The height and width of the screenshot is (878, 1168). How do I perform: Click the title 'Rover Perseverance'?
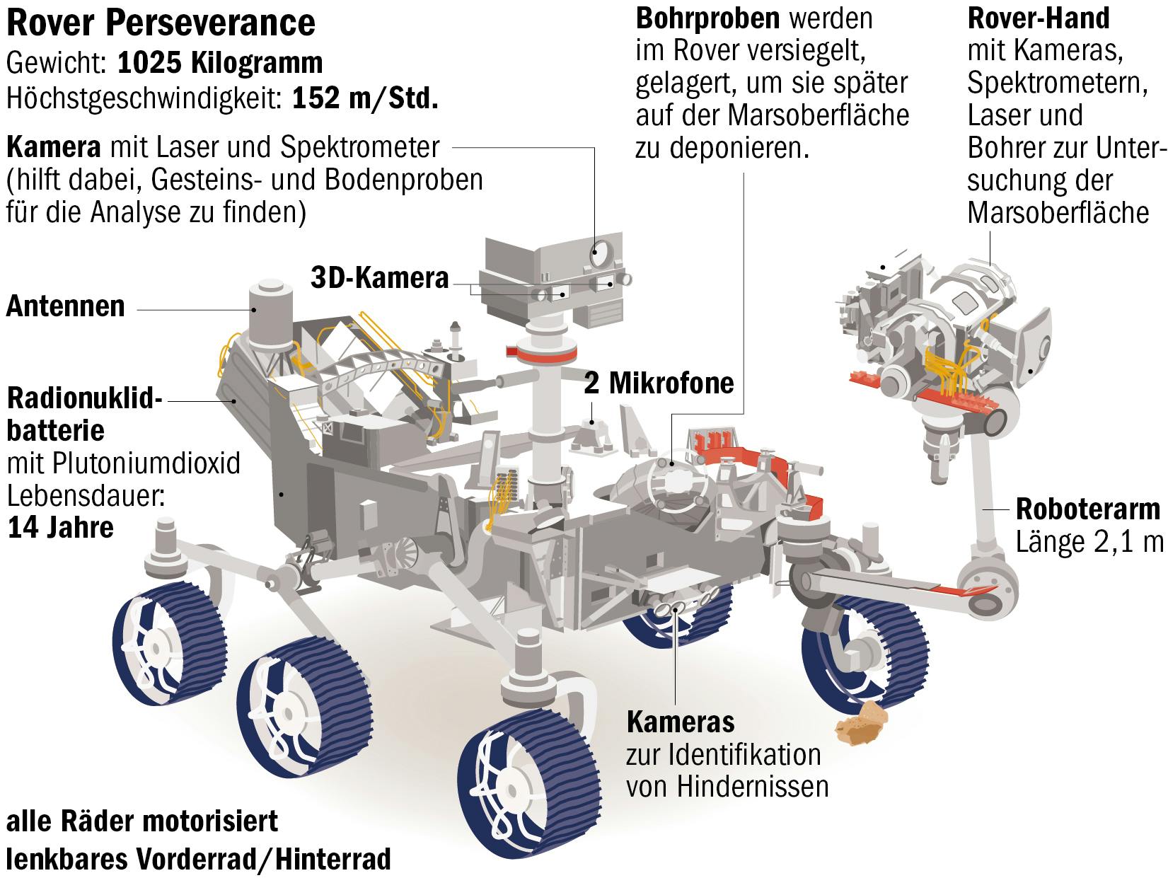click(161, 23)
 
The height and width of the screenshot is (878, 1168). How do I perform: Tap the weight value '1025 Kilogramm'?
click(220, 63)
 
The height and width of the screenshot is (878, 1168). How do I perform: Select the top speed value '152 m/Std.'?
click(365, 98)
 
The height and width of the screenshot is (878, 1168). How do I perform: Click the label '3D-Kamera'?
click(380, 278)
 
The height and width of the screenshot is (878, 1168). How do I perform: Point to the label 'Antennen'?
click(66, 306)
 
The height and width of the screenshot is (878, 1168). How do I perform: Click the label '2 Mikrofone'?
click(659, 383)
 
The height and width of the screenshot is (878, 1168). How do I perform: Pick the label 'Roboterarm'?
click(1087, 509)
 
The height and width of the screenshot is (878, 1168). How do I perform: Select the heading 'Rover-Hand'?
click(1038, 18)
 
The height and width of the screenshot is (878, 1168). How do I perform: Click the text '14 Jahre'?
click(61, 528)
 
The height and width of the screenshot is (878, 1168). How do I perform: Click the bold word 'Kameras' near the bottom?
click(681, 722)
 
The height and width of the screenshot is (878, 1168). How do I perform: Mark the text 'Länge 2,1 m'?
click(1089, 542)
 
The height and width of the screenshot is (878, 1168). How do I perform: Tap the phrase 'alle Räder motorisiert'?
click(142, 822)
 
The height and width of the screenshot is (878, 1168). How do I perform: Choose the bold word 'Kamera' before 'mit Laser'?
click(53, 148)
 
